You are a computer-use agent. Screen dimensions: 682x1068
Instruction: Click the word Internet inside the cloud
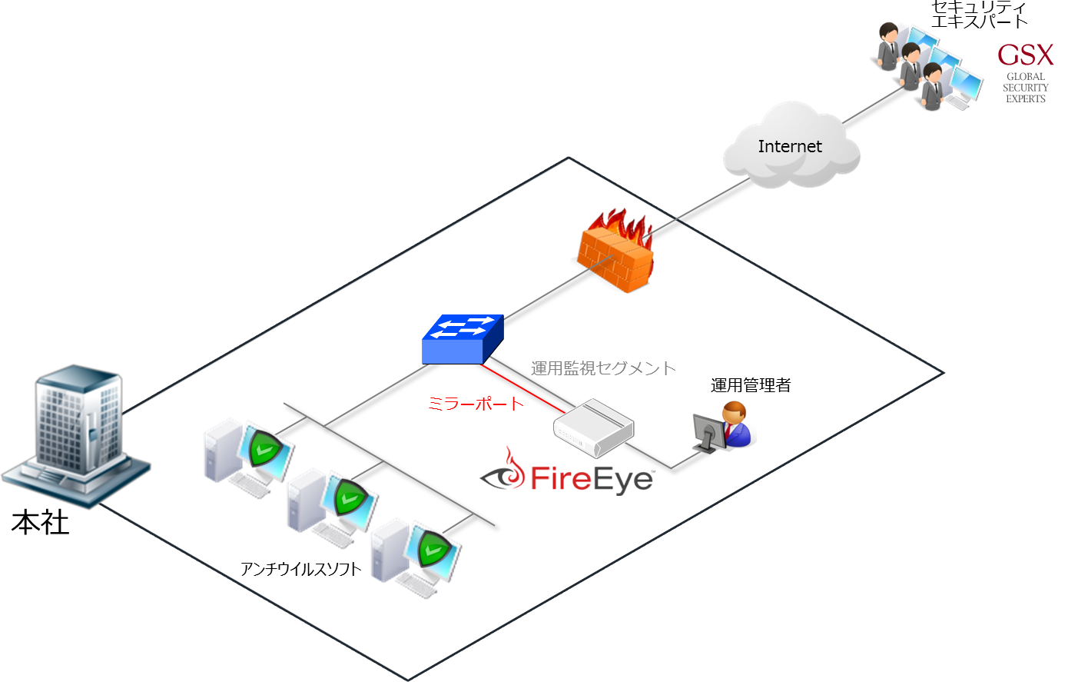click(x=790, y=146)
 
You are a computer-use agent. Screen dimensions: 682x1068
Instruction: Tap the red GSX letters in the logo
click(x=1026, y=55)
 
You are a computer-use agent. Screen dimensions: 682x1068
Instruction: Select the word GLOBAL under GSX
click(x=1026, y=77)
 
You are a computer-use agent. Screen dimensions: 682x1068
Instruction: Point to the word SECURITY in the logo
click(x=1026, y=88)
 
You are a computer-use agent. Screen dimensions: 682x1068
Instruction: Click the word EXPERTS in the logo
click(x=1026, y=99)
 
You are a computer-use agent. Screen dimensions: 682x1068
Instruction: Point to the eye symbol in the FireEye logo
click(x=504, y=476)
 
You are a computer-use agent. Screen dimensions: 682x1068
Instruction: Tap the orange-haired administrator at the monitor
click(x=735, y=425)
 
